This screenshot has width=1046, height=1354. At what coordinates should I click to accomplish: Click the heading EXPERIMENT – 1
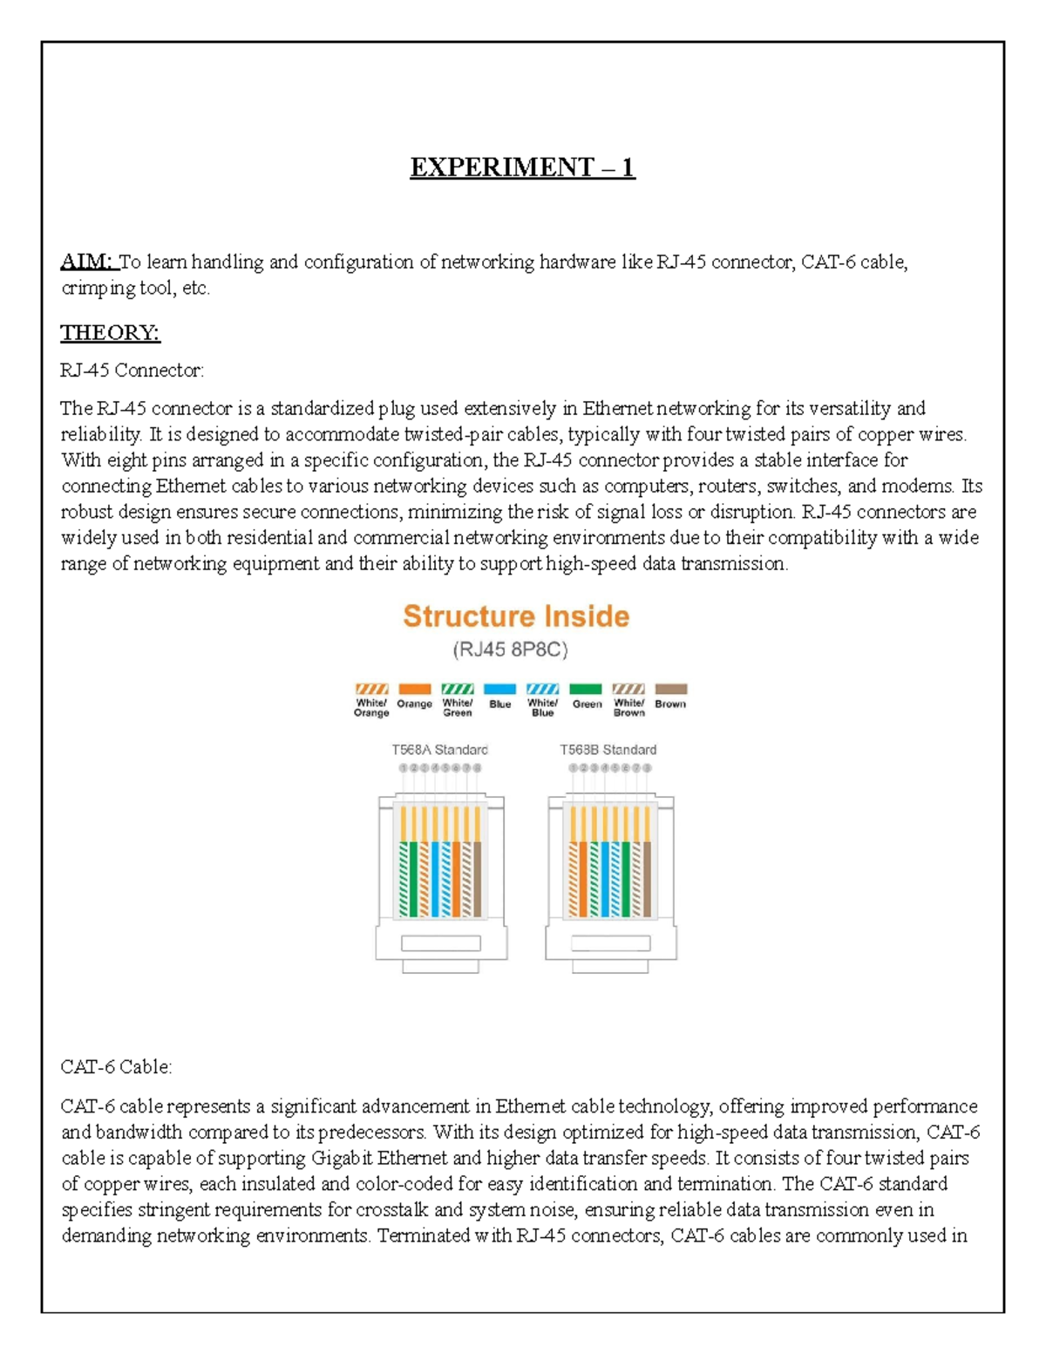point(522,167)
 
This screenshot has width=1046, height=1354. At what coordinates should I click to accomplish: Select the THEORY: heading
point(110,332)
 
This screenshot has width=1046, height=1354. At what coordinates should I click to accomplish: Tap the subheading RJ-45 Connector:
point(132,371)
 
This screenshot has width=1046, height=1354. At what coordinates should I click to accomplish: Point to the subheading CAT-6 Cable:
point(116,1066)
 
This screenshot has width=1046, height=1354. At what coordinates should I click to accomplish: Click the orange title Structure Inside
point(516,616)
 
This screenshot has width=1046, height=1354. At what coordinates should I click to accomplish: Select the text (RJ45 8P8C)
point(511,650)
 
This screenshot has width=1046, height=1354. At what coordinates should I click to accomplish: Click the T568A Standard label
point(439,750)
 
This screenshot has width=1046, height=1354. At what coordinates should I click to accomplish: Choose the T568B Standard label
point(608,750)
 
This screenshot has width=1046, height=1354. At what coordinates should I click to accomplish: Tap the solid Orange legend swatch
point(414,689)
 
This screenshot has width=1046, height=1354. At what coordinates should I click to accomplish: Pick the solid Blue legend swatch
point(499,689)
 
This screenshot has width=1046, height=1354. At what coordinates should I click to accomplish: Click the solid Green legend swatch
point(586,689)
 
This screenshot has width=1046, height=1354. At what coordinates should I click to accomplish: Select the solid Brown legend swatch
point(670,689)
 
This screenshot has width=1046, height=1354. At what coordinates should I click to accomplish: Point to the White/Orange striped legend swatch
point(371,689)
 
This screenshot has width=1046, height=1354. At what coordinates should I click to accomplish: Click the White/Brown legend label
point(628,708)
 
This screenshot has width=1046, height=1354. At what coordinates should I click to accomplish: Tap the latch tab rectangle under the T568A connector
point(440,943)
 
